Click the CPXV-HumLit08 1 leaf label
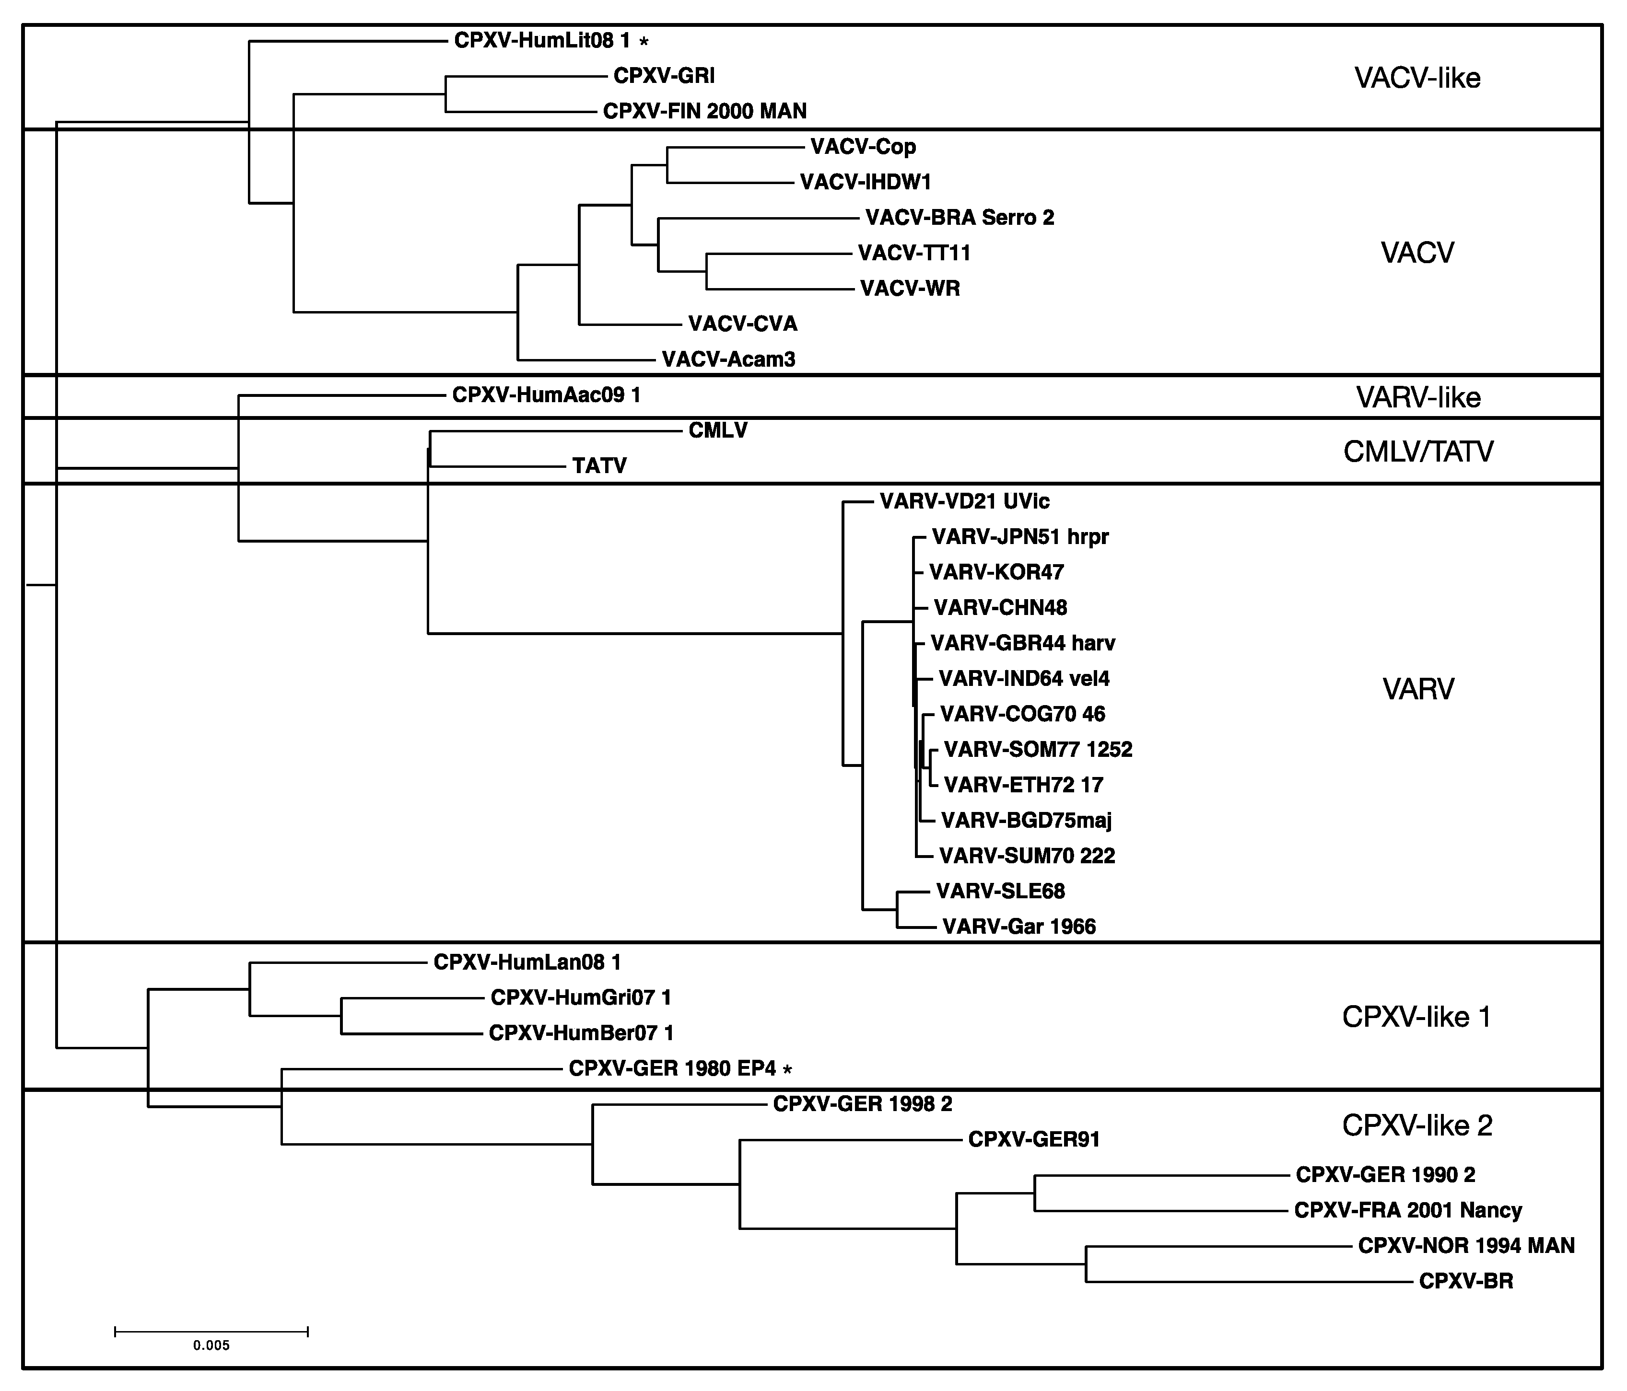542,40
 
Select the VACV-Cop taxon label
863,147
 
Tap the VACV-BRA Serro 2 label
960,218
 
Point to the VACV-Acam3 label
729,359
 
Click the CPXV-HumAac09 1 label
547,395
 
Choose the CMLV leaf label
718,430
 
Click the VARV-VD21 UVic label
964,501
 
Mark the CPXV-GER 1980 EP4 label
672,1068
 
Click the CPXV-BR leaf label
1466,1281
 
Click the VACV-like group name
1417,78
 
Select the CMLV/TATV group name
1418,452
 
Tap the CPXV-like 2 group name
1417,1125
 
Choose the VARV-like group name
1418,398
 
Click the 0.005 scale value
211,1345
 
